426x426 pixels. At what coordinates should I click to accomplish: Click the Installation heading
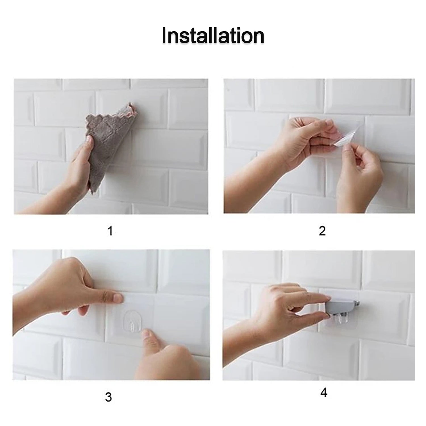pyautogui.click(x=213, y=35)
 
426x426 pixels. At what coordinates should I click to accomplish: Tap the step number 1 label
pyautogui.click(x=110, y=231)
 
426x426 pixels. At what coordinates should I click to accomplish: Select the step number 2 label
pyautogui.click(x=322, y=231)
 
